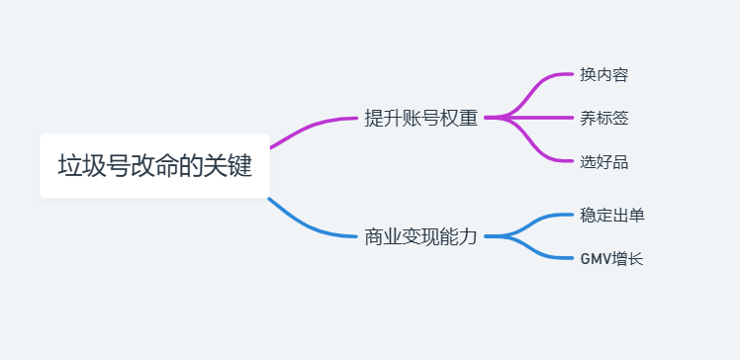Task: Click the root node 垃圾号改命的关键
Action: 154,165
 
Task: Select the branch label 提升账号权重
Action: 420,119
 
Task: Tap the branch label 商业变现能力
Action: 420,237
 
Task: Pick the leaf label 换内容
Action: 603,75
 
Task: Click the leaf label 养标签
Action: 603,119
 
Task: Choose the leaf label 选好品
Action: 603,162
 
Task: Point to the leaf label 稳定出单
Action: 611,215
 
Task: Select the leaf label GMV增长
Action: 611,259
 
